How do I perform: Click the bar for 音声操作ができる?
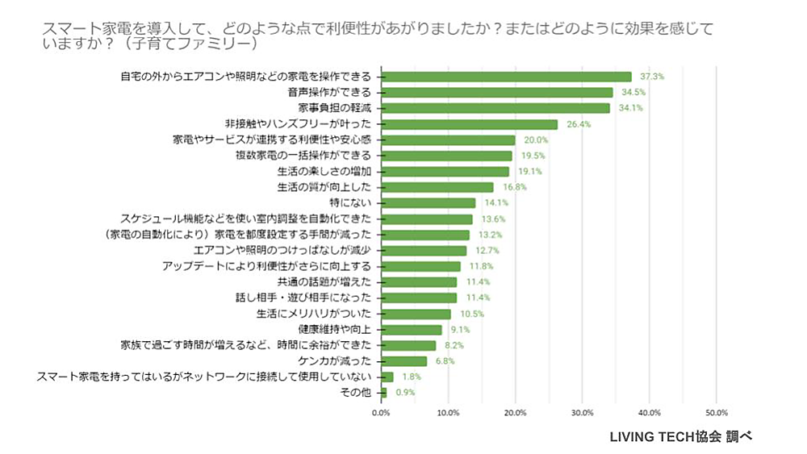(496, 92)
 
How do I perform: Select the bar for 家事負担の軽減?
(495, 108)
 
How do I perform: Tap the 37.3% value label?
(651, 77)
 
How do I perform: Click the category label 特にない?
(355, 202)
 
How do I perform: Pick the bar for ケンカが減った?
(403, 360)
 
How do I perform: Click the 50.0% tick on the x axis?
(716, 412)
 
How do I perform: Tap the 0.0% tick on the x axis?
(380, 412)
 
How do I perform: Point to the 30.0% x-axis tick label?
(582, 412)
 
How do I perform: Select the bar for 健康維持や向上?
(412, 329)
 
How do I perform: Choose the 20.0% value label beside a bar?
(536, 140)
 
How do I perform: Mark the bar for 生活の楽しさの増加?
(445, 171)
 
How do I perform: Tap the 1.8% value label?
(411, 377)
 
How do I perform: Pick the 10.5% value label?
(471, 314)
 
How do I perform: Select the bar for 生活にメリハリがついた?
(416, 314)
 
